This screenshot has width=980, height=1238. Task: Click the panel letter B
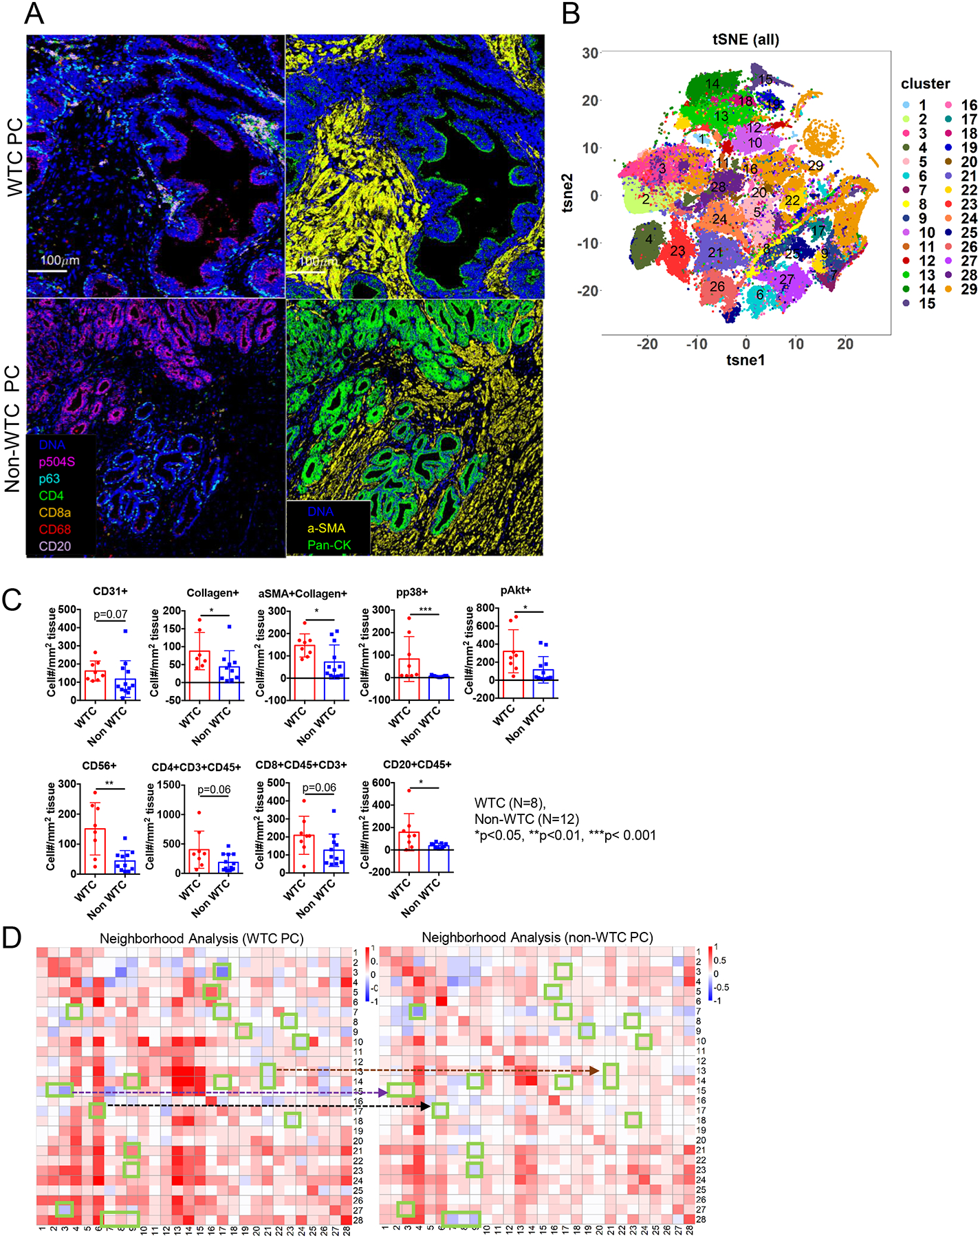[x=571, y=13]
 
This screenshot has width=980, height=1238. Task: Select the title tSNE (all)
[x=745, y=39]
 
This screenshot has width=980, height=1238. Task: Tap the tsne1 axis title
[x=745, y=360]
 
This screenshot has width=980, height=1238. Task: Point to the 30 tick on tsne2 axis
[x=589, y=53]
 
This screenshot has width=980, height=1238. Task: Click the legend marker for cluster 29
[x=948, y=290]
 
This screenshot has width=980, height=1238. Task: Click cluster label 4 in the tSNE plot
[x=649, y=239]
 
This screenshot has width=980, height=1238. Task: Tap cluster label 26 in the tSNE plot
[x=717, y=286]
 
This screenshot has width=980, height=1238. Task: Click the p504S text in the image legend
[x=56, y=462]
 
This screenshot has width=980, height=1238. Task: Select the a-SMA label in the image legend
[x=326, y=528]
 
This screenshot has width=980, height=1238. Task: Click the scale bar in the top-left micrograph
[x=47, y=271]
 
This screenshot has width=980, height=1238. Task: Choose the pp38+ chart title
[x=412, y=591]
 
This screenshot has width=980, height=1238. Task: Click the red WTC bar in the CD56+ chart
[x=95, y=851]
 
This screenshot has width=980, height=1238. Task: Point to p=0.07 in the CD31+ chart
[x=111, y=614]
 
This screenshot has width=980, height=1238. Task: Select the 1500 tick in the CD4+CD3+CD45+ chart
[x=168, y=785]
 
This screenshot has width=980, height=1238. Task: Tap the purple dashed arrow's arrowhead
[x=384, y=1092]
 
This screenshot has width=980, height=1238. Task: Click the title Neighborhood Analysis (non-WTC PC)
[x=537, y=937]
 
